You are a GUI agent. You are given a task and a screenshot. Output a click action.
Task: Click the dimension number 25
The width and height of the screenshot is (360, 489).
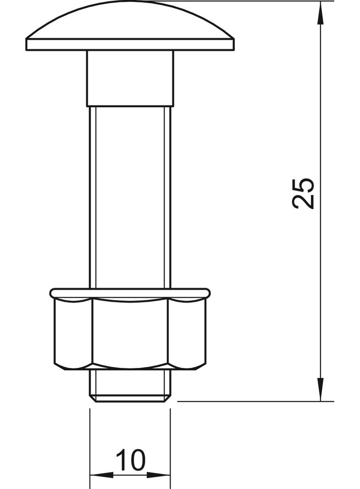[304, 193]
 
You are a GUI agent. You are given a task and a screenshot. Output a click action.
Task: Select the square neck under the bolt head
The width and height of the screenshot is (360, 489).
[130, 78]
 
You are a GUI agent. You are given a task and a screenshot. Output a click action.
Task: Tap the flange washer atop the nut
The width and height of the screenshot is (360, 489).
[130, 292]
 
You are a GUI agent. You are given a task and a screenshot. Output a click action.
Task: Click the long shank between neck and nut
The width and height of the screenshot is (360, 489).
[130, 197]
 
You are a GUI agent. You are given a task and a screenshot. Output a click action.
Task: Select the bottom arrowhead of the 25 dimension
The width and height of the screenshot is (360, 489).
[321, 390]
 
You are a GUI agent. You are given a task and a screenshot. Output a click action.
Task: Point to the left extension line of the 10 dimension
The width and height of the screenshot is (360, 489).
[90, 440]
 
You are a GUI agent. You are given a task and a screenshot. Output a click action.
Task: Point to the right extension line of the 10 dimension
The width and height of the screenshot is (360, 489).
[170, 440]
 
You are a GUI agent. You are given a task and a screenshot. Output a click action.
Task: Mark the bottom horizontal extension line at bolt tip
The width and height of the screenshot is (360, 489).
[253, 401]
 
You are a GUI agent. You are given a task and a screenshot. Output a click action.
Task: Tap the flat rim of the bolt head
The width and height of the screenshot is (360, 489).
[131, 45]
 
